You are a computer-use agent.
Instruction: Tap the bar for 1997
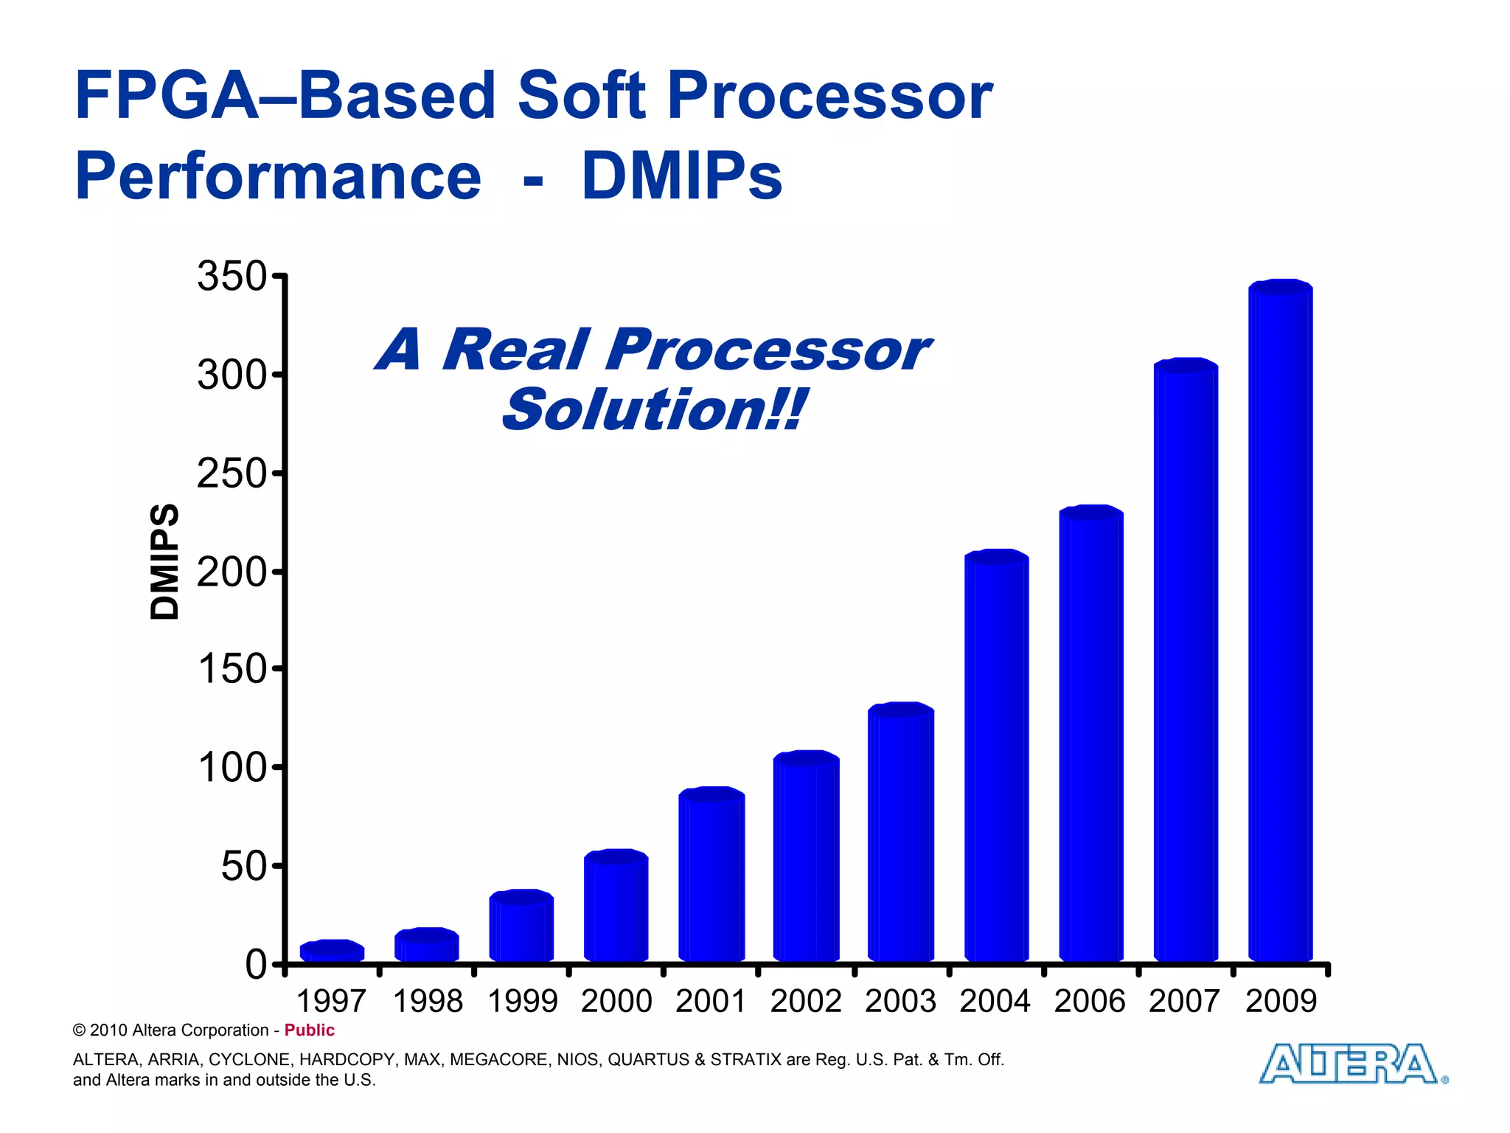click(332, 952)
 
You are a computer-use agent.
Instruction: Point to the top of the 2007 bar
click(1186, 366)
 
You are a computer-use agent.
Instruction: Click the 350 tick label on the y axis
click(231, 277)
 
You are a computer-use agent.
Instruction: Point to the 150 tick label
click(231, 670)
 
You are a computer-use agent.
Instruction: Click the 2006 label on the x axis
click(1090, 1002)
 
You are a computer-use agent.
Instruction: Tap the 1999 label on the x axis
click(522, 1002)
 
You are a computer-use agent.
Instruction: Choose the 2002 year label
click(806, 1002)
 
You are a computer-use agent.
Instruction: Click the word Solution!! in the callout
click(653, 410)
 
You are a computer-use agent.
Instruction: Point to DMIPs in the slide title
click(681, 176)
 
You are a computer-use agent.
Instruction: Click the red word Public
click(309, 1030)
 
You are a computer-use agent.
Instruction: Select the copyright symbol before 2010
click(79, 1030)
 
